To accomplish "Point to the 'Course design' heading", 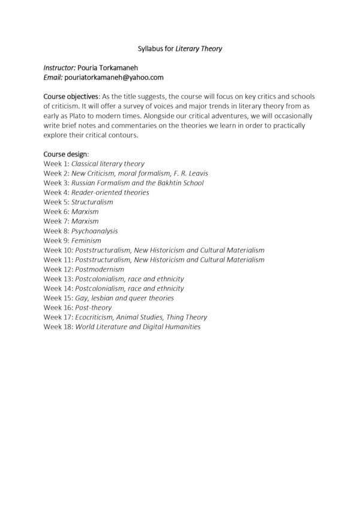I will point(65,154).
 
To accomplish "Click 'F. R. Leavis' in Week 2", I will point(190,173).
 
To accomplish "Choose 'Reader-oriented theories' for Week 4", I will point(110,192).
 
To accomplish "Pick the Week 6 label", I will point(56,212).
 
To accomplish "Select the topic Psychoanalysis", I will point(94,231).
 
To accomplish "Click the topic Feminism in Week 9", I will point(86,240).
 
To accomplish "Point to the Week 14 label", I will point(58,288).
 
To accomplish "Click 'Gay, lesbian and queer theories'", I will point(124,298).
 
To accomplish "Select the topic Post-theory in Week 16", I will point(93,308).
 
